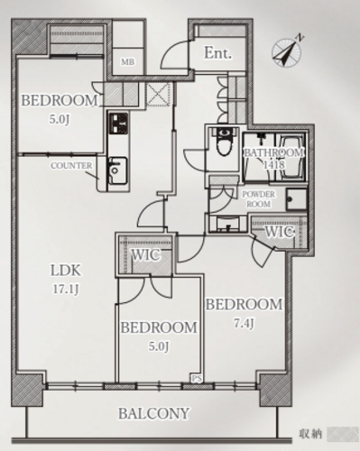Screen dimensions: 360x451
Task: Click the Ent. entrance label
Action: (218, 52)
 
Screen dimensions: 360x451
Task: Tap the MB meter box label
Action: (128, 62)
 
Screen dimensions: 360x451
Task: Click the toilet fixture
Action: (224, 141)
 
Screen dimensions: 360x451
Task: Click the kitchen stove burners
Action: (118, 124)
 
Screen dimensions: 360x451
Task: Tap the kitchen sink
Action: (117, 170)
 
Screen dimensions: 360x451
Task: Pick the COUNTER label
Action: (71, 165)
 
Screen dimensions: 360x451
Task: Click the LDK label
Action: (66, 271)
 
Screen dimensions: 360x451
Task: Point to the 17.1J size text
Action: (66, 290)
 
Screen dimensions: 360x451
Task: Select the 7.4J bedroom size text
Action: (244, 323)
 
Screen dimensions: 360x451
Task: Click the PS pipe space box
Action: (197, 378)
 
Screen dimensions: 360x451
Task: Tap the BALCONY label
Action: (153, 413)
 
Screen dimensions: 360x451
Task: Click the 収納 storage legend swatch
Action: (342, 434)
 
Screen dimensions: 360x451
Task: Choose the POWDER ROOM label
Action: (259, 199)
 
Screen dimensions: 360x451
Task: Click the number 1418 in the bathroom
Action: (273, 164)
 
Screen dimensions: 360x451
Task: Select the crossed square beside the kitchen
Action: (159, 94)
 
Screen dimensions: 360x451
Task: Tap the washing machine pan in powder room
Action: (297, 199)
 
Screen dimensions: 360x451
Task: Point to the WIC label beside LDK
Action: (146, 255)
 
